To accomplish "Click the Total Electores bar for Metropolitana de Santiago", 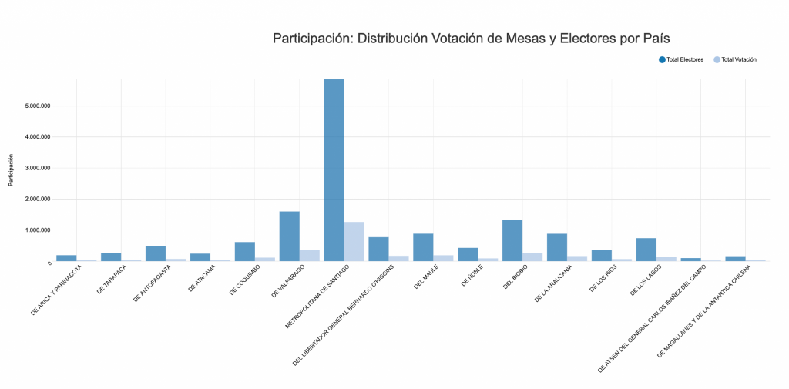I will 334,169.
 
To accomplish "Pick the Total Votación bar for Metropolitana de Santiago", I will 354,241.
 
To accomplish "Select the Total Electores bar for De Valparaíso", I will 289,236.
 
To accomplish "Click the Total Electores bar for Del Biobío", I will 512,240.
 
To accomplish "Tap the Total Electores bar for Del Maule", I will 423,247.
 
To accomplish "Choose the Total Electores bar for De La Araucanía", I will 557,247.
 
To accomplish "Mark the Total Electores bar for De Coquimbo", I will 244,251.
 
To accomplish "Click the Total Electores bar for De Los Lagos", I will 646,250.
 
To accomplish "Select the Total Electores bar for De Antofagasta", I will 156,253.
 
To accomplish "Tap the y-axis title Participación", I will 11,169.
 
